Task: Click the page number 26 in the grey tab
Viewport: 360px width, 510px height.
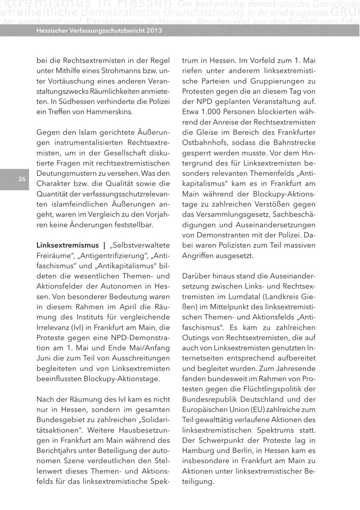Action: click(22, 179)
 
